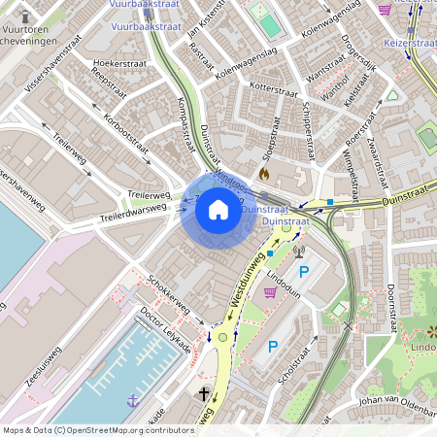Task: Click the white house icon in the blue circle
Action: click(x=218, y=211)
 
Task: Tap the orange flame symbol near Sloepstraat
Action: click(x=263, y=172)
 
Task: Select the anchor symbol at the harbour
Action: click(x=132, y=399)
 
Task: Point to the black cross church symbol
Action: click(x=204, y=393)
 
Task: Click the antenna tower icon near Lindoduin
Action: click(x=299, y=252)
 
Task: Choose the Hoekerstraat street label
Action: click(x=118, y=64)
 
